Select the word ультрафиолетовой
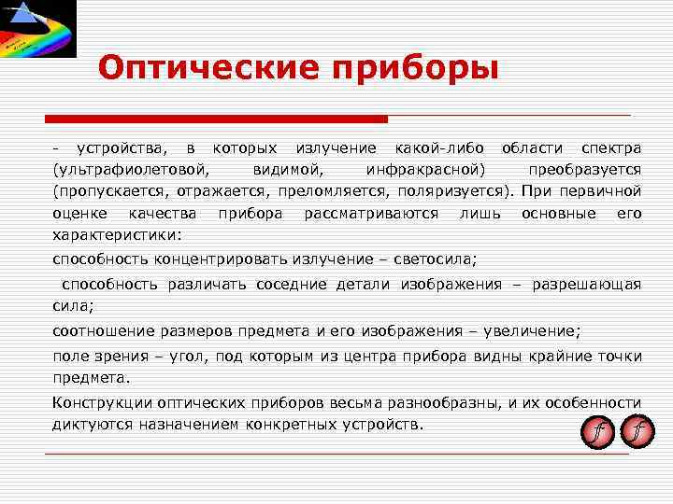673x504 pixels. pyautogui.click(x=132, y=170)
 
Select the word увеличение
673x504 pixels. pyautogui.click(x=532, y=330)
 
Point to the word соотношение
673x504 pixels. pyautogui.click(x=97, y=330)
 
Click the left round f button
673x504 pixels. pyautogui.click(x=596, y=431)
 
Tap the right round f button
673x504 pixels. pyautogui.click(x=637, y=431)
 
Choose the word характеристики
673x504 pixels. pyautogui.click(x=118, y=234)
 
